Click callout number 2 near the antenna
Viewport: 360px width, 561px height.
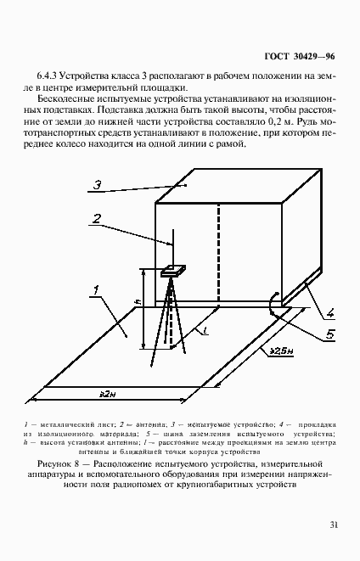[x=98, y=219]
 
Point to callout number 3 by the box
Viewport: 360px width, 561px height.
[x=98, y=184]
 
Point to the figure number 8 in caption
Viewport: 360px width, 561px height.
[x=84, y=464]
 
